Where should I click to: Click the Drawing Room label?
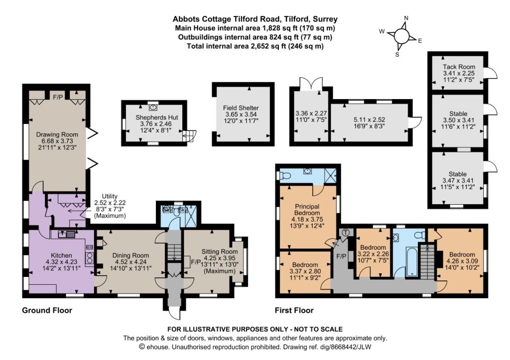coord(57,134)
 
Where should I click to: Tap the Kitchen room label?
coord(61,255)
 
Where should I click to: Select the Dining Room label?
coord(130,255)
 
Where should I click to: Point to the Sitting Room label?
coord(220,251)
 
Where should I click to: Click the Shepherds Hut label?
coord(157,118)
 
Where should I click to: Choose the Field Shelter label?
coord(241,108)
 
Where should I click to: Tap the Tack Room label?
coord(459,67)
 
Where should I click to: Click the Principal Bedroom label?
coord(307,210)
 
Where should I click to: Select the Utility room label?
coord(110,196)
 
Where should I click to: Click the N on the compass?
coord(406,18)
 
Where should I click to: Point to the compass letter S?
coord(397,55)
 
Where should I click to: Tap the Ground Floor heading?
coord(47,310)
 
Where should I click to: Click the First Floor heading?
coord(294,310)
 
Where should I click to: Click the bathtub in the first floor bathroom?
coord(411,261)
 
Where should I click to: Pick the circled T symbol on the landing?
coord(346,233)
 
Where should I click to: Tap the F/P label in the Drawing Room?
coord(58,97)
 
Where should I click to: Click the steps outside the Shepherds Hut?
coord(190,135)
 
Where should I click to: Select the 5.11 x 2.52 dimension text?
coord(369,120)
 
